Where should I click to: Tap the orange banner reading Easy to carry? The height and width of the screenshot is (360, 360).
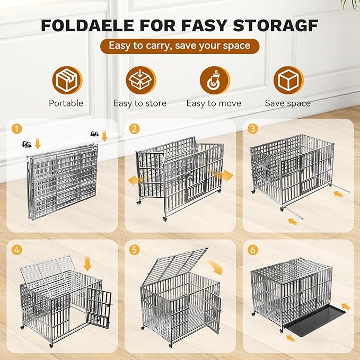179,46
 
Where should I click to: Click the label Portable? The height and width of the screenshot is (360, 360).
66,103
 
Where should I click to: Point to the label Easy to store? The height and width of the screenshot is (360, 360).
140,103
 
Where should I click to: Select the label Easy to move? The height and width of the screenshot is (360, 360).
214,103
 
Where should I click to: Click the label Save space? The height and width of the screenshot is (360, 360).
288,103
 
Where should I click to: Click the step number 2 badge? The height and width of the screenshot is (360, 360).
135,129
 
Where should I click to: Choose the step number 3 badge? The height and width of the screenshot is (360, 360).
253,129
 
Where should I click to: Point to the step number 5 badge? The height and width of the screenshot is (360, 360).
135,249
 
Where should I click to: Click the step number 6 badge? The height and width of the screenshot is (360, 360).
253,249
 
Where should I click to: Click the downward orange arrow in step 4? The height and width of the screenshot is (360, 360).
87,264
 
